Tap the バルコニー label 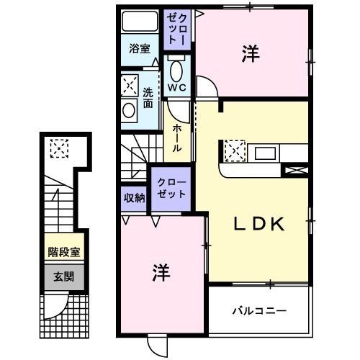click(259, 312)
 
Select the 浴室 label click(140, 49)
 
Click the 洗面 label click(148, 98)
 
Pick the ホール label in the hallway click(176, 138)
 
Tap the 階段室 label click(63, 253)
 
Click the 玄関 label click(63, 276)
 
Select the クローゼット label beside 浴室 click(177, 28)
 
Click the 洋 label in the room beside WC click(250, 54)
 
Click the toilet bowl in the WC click(177, 71)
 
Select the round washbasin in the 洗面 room click(129, 110)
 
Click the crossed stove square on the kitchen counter click(235, 151)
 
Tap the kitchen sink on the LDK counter click(264, 152)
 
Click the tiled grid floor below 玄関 click(63, 312)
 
